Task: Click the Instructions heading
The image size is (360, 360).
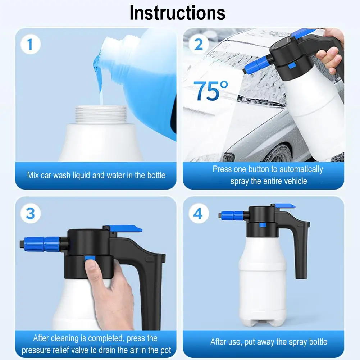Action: tap(177, 13)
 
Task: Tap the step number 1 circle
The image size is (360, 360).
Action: tap(31, 44)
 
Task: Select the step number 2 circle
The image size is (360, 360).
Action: tap(199, 44)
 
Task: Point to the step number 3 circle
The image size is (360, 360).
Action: tap(31, 213)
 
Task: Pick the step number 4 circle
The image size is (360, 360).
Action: tap(199, 213)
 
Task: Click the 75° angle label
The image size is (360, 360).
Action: tap(211, 91)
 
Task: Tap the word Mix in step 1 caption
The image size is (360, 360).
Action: tap(33, 175)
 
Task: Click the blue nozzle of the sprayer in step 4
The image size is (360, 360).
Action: tap(232, 215)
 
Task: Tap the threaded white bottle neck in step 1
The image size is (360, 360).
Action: tap(101, 115)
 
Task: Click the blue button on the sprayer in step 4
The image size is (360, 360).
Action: tap(263, 225)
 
